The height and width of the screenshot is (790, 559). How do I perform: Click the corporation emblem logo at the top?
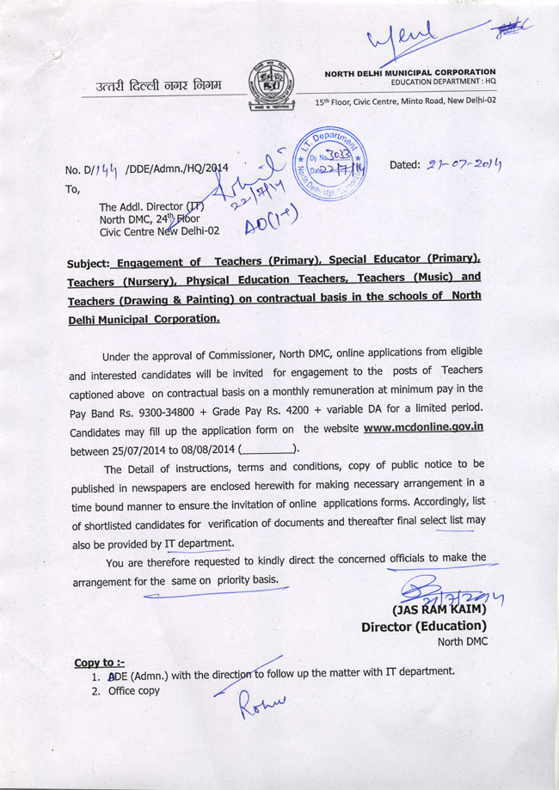[269, 89]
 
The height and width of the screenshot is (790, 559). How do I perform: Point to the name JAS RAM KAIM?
[439, 609]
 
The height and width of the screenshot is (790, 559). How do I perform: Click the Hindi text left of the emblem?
[159, 84]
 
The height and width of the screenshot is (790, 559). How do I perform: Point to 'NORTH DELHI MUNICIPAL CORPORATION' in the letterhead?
[409, 72]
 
